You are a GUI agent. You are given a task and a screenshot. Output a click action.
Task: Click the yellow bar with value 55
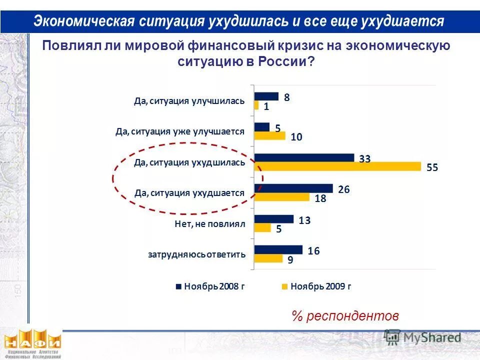[337, 166]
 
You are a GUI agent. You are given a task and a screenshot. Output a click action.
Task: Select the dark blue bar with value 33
[304, 158]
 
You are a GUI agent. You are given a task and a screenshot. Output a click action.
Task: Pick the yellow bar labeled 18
[281, 197]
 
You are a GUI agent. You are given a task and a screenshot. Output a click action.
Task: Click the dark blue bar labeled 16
[278, 249]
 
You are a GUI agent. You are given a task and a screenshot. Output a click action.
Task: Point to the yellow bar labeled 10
[269, 136]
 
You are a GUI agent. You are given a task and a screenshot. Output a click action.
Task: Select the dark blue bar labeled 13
[273, 219]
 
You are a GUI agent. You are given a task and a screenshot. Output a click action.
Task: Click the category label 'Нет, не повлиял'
[210, 224]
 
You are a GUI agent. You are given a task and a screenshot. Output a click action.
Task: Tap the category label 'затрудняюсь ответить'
[196, 254]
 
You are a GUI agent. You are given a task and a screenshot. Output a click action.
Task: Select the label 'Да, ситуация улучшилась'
[189, 101]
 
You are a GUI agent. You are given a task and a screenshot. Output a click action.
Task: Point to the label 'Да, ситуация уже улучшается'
[179, 131]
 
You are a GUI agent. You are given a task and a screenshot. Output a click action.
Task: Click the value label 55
[432, 168]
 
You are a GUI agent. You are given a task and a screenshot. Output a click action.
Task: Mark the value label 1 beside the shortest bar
[266, 106]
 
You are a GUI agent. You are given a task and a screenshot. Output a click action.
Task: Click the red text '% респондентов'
[345, 316]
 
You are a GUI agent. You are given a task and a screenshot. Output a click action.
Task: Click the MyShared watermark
[423, 338]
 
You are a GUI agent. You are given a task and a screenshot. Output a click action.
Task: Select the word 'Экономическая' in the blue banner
[84, 21]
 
